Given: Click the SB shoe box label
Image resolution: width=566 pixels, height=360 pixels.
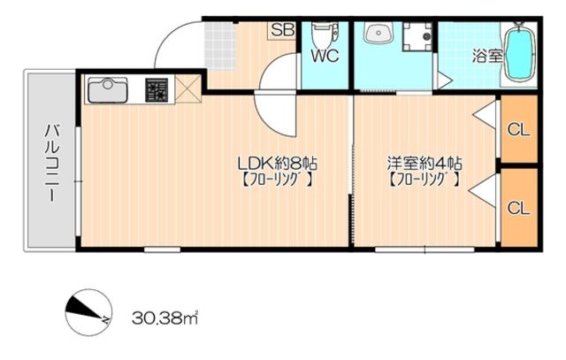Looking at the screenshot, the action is click(x=282, y=30).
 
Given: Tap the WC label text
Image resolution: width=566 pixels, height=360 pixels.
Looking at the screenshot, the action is click(x=325, y=56).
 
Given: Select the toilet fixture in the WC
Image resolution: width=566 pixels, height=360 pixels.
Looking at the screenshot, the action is click(x=325, y=33).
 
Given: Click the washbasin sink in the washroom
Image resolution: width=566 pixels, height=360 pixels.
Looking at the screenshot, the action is click(x=379, y=32).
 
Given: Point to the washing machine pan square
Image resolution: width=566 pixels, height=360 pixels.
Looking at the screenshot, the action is click(x=417, y=36).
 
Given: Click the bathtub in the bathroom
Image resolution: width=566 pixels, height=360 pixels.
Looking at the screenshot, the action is click(x=519, y=52).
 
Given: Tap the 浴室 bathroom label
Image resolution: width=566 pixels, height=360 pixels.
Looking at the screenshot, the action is click(x=487, y=57).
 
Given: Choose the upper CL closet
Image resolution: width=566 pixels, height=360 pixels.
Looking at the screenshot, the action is click(x=519, y=129).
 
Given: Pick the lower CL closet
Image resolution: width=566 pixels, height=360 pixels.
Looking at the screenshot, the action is click(x=519, y=207).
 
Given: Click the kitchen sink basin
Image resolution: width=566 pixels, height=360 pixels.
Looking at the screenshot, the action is click(x=108, y=90).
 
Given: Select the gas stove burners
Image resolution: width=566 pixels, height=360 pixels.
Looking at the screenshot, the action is click(x=157, y=89).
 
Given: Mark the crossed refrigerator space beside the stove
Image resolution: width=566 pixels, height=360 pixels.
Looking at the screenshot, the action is click(x=188, y=88).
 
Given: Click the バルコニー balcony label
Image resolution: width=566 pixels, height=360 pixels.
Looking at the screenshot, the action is click(x=51, y=163).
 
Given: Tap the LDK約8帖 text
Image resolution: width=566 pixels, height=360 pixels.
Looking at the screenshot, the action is click(x=278, y=164).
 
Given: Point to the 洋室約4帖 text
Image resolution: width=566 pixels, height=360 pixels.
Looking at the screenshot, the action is click(x=424, y=164).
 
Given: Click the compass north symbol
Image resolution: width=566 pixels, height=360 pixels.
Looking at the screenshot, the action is click(x=88, y=312).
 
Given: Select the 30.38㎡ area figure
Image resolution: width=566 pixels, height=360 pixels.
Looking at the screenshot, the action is click(x=165, y=318).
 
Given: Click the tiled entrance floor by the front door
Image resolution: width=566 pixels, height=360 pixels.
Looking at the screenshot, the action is click(x=218, y=45).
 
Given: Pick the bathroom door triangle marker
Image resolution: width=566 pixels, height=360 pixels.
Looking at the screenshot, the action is click(x=444, y=80).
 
